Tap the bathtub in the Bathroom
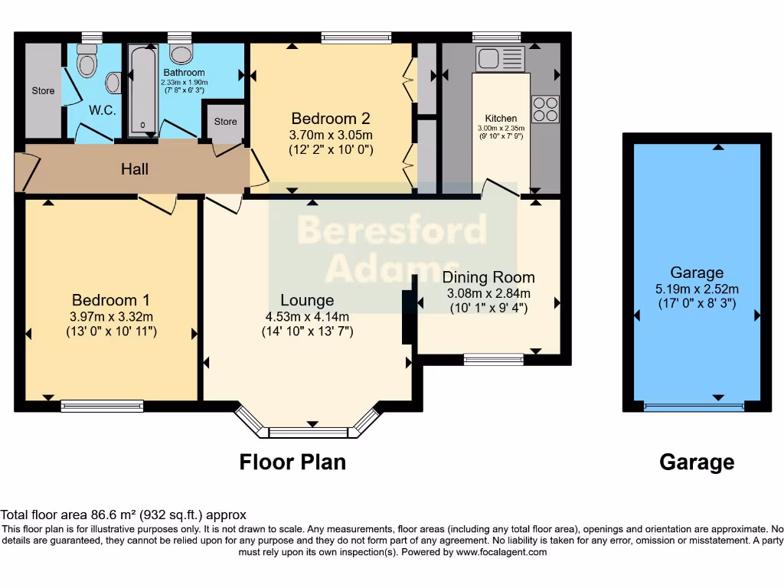coord(143,90)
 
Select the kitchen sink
coord(500,58)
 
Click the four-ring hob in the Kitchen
coord(545,109)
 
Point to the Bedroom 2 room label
coord(331,119)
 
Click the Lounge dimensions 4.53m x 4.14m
coord(307,316)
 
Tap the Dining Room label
coord(488,277)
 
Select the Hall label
coord(135,169)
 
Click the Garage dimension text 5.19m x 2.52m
coord(697,289)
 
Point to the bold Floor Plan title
coord(292,462)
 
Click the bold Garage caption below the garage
coord(697,462)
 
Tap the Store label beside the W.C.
coord(43,90)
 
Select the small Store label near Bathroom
coord(226,122)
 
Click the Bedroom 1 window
coord(102,406)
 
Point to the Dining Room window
coord(494,360)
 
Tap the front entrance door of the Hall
coord(27,172)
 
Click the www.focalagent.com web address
coord(501,552)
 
